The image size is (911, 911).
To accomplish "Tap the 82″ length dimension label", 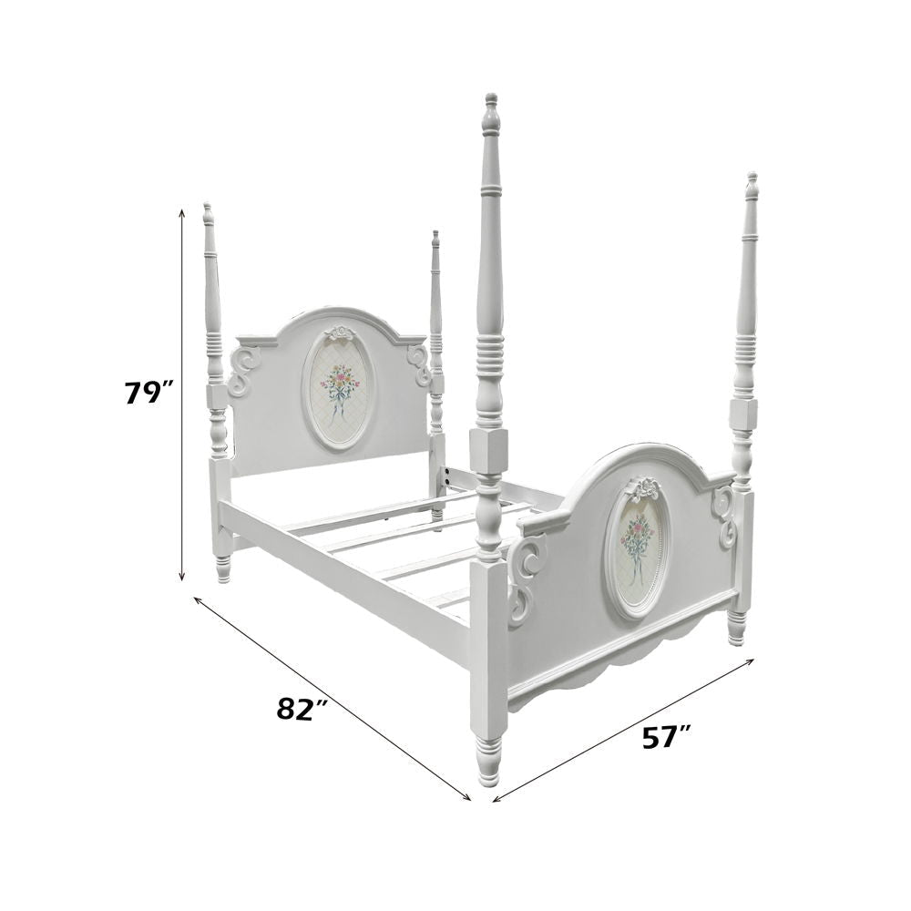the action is pyautogui.click(x=302, y=709).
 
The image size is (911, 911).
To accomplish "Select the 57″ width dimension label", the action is pyautogui.click(x=667, y=737).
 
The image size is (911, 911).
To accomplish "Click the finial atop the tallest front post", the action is pyautogui.click(x=492, y=114).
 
